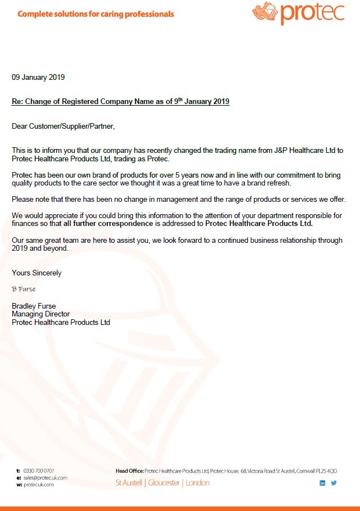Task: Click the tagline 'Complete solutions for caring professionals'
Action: pos(95,14)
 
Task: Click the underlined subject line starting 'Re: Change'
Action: pos(120,102)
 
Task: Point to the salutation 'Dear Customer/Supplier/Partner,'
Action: pos(63,126)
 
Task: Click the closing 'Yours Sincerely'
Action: pos(37,273)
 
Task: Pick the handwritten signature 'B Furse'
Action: pos(24,289)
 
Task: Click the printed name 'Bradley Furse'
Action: pos(34,306)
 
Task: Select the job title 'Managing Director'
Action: pos(40,314)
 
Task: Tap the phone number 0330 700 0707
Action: pos(39,471)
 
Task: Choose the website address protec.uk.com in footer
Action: pos(38,484)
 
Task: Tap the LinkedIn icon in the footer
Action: pos(322,483)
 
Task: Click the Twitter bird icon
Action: pos(334,483)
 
